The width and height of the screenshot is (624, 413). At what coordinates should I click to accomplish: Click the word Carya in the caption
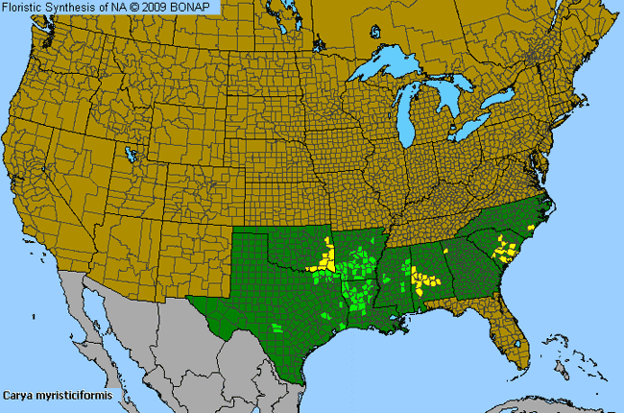19,395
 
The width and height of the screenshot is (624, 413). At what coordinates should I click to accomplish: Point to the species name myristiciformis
77,395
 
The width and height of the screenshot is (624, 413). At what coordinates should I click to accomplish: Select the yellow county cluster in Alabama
422,280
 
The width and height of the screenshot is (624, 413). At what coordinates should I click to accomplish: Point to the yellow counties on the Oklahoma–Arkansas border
327,257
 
